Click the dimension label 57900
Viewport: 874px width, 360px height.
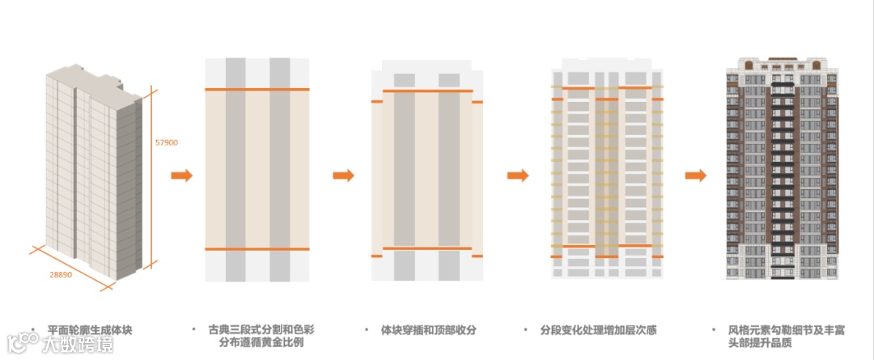tap(166, 142)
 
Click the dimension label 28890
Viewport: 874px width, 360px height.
tap(62, 275)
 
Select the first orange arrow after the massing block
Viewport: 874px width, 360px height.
tap(182, 176)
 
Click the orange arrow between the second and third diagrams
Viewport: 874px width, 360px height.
tap(344, 176)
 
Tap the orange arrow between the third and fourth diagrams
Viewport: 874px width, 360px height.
tap(518, 176)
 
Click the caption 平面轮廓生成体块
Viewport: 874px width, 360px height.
tap(89, 330)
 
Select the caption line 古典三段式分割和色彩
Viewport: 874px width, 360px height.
tap(252, 330)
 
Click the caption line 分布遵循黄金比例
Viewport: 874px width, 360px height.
tap(252, 344)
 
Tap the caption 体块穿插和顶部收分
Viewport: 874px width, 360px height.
tap(429, 330)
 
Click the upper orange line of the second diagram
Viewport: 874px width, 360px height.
tap(257, 89)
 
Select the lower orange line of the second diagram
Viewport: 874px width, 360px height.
tap(257, 249)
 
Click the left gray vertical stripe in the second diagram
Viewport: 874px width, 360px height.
tap(235, 170)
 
